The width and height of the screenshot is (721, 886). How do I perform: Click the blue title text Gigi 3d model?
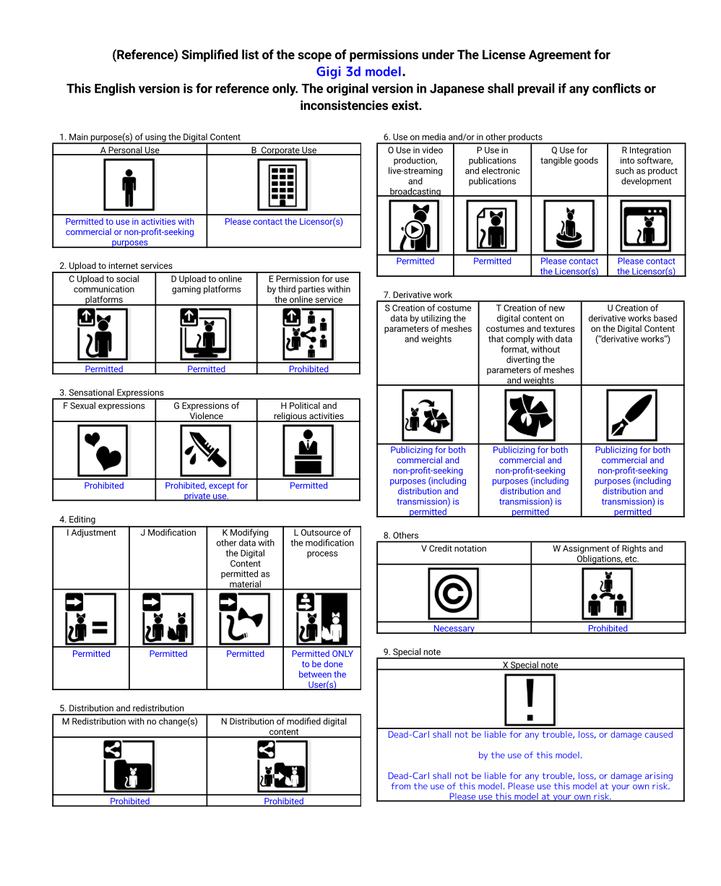(359, 72)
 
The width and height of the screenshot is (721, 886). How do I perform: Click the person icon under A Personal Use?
(129, 185)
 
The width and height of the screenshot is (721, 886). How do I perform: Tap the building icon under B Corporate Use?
(283, 185)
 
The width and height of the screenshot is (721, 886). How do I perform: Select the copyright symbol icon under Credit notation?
(453, 594)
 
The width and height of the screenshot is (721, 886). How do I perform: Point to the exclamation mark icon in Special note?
(530, 700)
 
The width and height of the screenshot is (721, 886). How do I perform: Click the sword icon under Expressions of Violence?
(206, 451)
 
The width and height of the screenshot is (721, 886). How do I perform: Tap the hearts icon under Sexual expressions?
(103, 451)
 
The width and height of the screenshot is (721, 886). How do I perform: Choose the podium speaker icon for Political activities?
(308, 451)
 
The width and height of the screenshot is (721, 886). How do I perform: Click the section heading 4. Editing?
(77, 520)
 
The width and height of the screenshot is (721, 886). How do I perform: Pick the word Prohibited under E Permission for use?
(308, 369)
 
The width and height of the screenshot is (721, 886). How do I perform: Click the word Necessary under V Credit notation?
(454, 629)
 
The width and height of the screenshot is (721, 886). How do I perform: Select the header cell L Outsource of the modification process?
(322, 543)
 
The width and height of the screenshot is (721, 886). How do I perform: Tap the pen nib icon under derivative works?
(632, 416)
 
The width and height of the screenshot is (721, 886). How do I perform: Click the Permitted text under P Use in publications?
(492, 262)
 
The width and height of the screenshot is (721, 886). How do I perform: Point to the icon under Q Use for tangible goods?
(569, 226)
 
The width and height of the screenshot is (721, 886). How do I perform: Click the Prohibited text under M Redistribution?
(130, 801)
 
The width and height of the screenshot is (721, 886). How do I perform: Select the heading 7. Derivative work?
(418, 295)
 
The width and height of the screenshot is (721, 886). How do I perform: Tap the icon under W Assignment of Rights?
(608, 594)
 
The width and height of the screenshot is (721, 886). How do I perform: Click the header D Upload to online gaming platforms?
(206, 284)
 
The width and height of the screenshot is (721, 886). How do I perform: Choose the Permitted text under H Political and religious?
(308, 486)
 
